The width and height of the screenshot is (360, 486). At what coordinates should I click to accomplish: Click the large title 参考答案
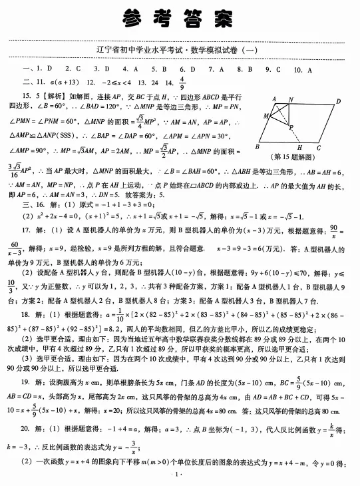pyautogui.click(x=180, y=19)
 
